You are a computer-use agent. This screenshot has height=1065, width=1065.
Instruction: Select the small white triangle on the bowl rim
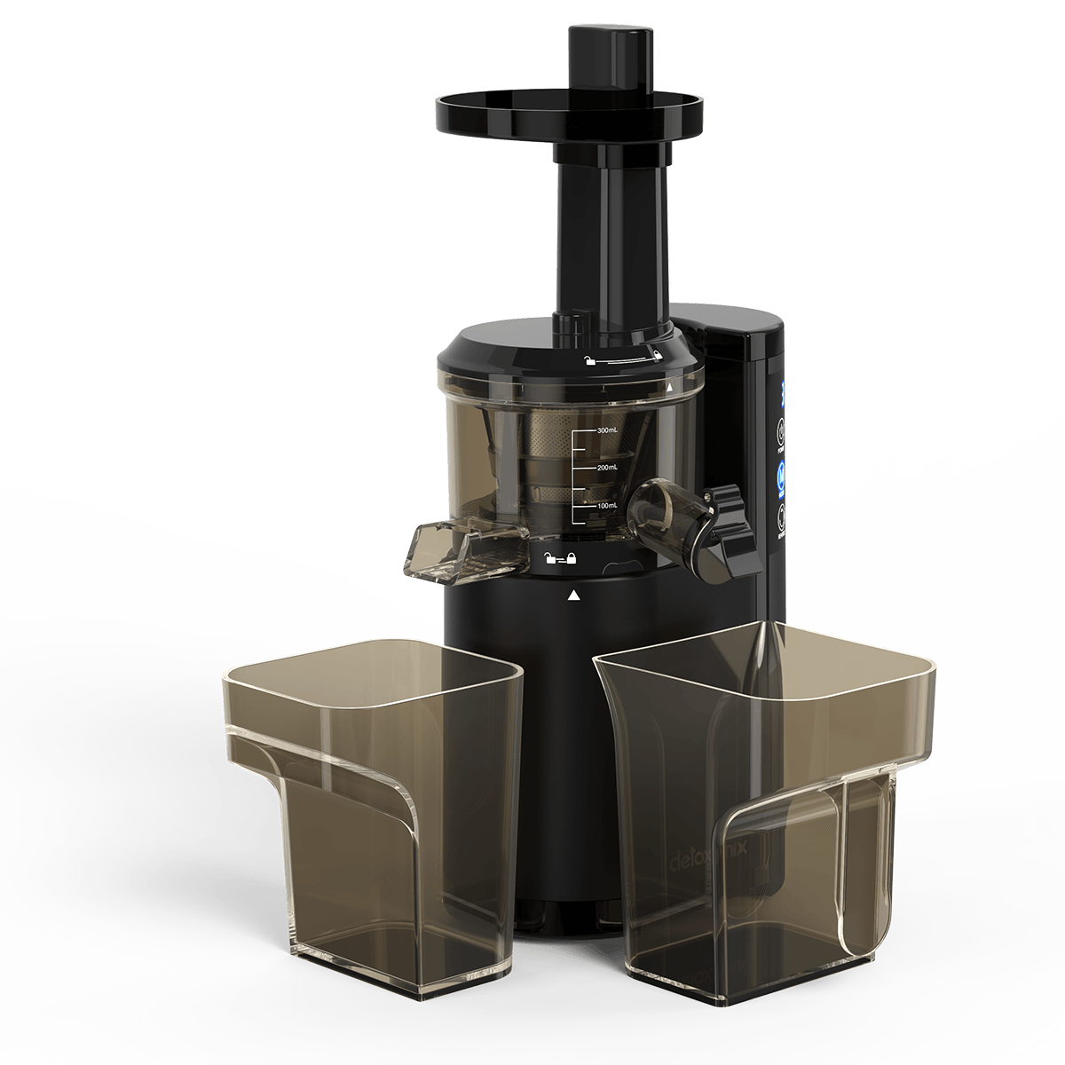668,389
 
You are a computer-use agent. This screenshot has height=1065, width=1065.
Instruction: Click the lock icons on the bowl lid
621,358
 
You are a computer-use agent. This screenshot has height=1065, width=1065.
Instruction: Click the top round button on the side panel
781,433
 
